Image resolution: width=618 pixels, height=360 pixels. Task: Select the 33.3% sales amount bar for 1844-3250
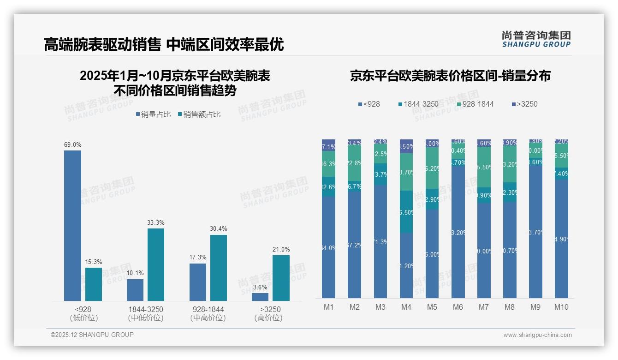(156, 264)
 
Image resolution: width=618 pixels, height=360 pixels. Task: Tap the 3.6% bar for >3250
(260, 297)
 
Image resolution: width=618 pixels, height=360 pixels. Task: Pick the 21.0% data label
(281, 250)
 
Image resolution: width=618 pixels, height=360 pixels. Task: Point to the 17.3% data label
(197, 258)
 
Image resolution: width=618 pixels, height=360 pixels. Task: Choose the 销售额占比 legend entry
(199, 114)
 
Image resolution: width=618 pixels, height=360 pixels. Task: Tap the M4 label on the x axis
(406, 307)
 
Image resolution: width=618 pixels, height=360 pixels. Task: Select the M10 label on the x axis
(561, 307)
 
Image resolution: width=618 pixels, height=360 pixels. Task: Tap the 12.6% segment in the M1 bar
(328, 186)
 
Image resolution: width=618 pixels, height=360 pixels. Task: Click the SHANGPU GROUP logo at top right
(536, 39)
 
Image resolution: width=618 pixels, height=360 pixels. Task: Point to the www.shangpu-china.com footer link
(537, 335)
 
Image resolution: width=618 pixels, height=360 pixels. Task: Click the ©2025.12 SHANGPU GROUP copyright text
(92, 335)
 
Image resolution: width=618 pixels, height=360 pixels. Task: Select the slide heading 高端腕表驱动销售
(102, 45)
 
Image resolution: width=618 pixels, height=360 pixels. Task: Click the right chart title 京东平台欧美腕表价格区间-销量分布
(450, 76)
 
